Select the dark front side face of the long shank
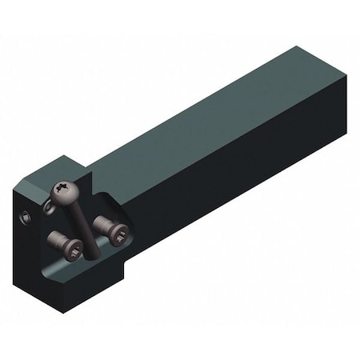click(232, 176)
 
